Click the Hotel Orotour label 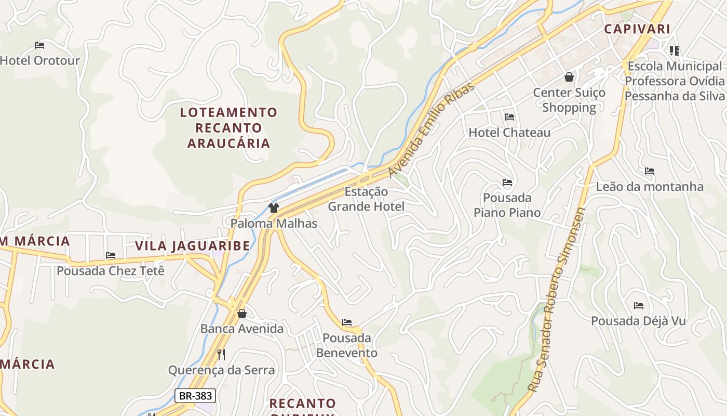tap(40, 60)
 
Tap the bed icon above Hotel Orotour tap(39, 45)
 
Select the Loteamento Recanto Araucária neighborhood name tap(228, 127)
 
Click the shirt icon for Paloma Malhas tap(274, 209)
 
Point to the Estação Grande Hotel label tap(366, 199)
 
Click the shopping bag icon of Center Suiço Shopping tap(569, 77)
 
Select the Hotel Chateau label tap(509, 133)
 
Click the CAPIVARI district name tap(637, 29)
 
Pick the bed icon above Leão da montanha tap(649, 171)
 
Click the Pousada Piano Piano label tap(507, 205)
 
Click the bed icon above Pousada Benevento tap(347, 323)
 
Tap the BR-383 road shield tap(195, 396)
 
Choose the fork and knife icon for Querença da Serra tap(221, 355)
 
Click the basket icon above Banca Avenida tap(241, 314)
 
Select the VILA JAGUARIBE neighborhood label tap(192, 246)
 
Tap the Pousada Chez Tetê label tap(110, 271)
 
